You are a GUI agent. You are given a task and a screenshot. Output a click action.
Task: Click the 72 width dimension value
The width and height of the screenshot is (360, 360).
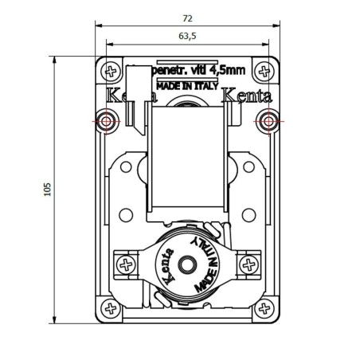coord(186,18)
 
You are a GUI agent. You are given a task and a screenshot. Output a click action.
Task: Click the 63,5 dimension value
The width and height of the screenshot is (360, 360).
coord(186,36)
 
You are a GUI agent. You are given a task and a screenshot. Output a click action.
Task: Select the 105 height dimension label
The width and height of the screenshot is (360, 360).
coord(48,190)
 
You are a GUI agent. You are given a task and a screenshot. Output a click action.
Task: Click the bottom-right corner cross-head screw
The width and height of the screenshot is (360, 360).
coord(265,307)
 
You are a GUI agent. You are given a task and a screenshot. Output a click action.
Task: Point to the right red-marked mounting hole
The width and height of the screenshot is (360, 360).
coord(268,121)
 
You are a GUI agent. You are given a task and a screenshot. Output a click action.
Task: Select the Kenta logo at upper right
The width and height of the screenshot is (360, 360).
coord(245,96)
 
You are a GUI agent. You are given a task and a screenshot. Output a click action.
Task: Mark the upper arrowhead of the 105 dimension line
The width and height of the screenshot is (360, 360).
coord(55,60)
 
